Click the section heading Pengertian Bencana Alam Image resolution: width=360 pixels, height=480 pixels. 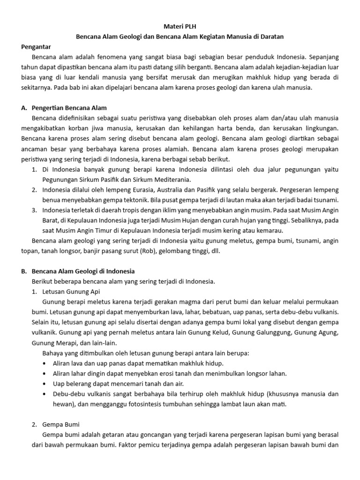(69, 108)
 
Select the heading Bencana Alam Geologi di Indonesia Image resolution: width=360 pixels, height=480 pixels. (83, 271)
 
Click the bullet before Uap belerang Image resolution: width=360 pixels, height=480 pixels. (44, 383)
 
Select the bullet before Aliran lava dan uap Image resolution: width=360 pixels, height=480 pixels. (44, 363)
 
